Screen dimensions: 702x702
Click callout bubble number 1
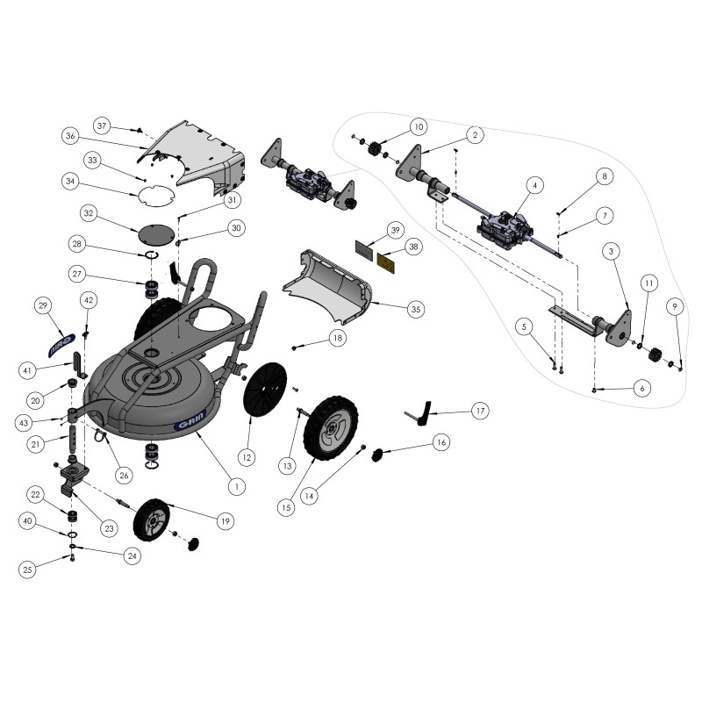(233, 484)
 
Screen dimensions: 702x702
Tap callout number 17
(479, 410)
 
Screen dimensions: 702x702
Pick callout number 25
(27, 569)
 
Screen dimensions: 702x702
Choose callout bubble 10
(417, 125)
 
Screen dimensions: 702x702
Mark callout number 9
(674, 306)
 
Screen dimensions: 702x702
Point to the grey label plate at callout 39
(366, 247)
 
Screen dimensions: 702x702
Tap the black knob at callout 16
(379, 455)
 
